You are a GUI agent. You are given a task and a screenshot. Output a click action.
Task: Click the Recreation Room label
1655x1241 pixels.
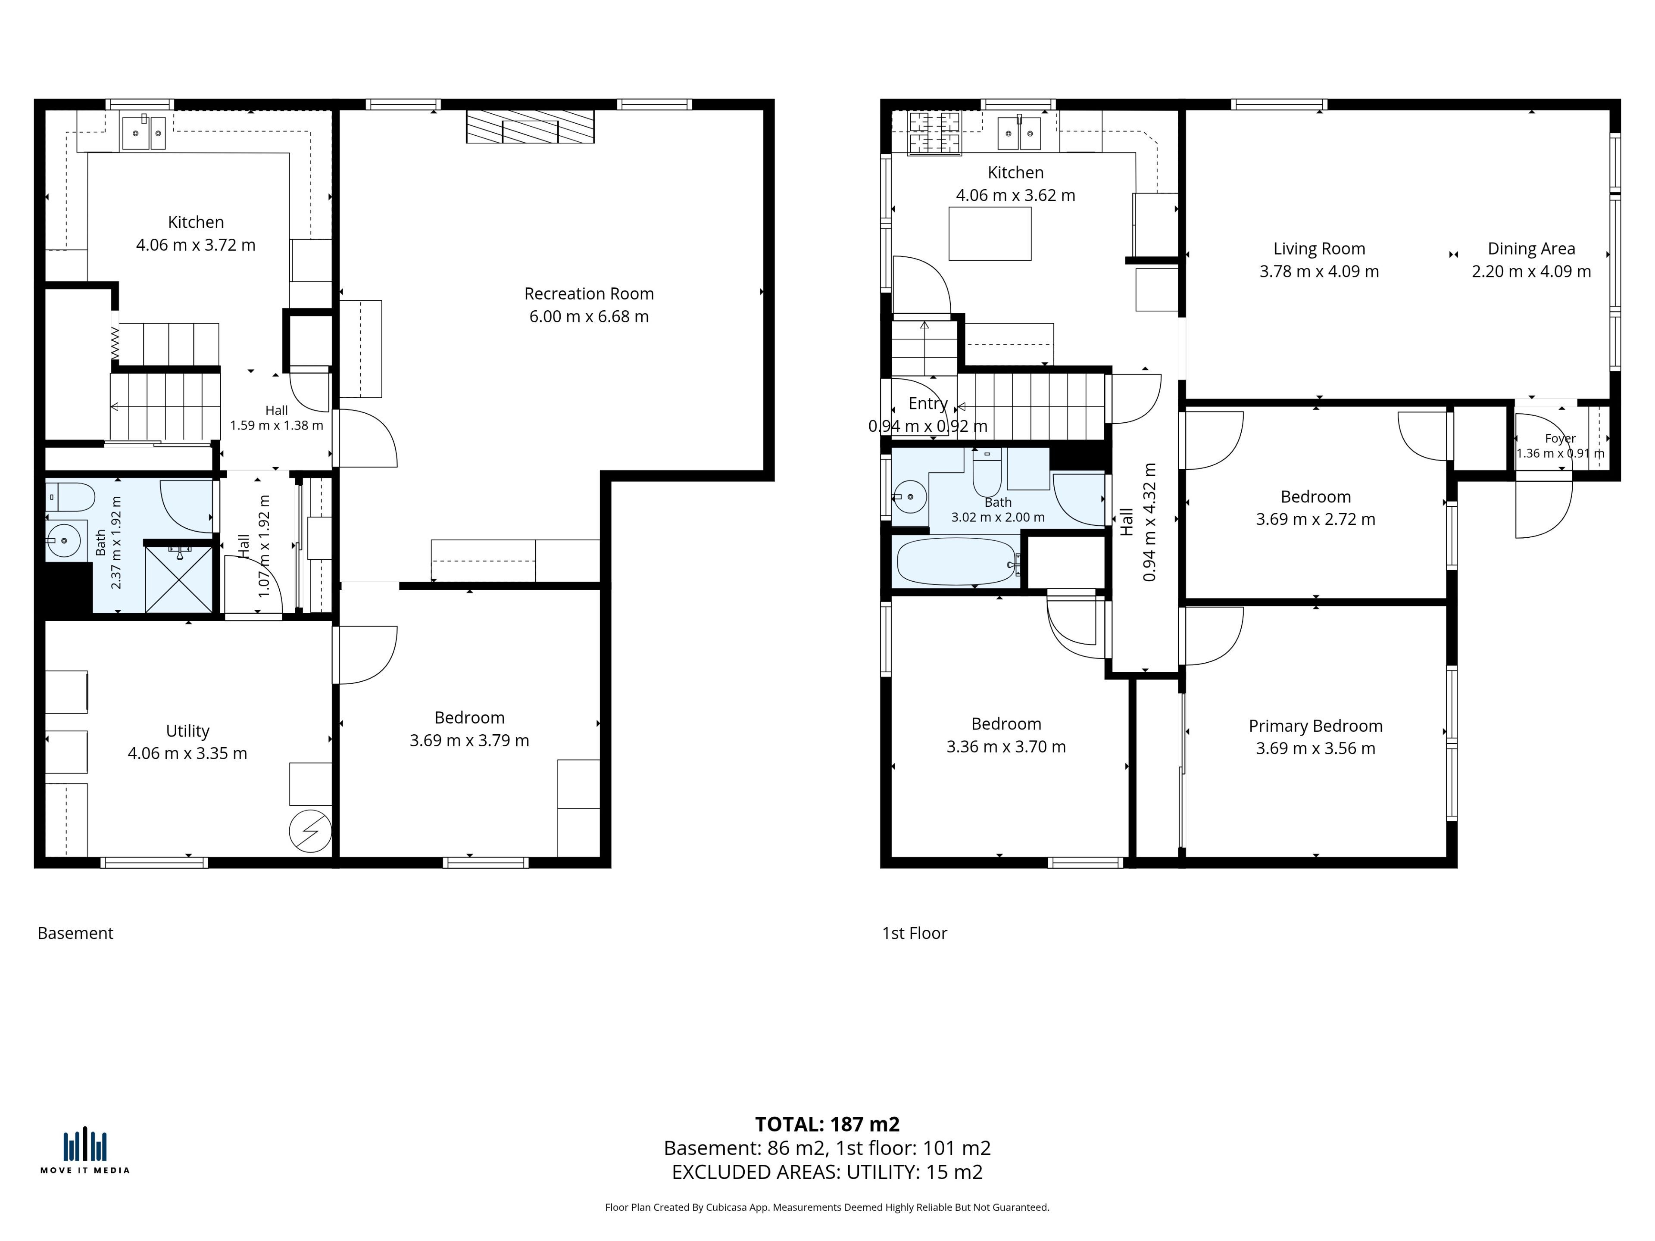point(589,293)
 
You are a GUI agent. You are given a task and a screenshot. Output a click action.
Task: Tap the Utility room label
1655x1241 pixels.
point(187,731)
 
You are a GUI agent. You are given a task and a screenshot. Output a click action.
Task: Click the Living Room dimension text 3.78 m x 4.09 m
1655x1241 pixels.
point(1319,271)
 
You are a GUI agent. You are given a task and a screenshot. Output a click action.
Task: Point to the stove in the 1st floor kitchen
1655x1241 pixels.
point(934,133)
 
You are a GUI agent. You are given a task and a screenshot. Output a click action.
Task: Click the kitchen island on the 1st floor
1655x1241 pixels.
point(990,234)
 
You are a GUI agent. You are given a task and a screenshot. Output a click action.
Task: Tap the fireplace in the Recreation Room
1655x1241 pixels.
point(530,126)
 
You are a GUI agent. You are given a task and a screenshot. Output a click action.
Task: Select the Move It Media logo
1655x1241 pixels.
point(84,1150)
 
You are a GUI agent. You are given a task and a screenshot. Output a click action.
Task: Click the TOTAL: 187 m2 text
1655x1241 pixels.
point(827,1124)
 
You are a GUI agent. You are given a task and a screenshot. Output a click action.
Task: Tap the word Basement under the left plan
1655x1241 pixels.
point(75,933)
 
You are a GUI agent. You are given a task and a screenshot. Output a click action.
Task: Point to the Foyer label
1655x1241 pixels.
point(1560,438)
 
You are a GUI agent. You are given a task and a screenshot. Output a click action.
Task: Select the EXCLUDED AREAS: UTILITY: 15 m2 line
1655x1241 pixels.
point(827,1172)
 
